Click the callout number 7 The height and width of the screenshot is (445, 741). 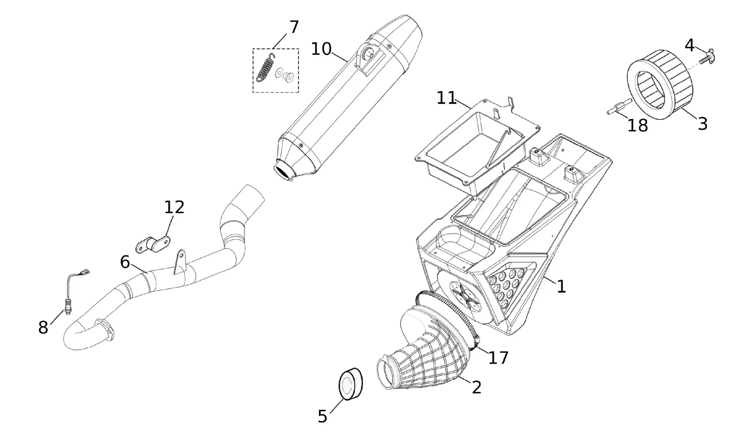point(294,27)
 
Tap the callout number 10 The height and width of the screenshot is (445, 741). point(321,49)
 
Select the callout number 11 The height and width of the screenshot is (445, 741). point(446,98)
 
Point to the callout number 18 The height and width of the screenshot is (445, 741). point(638,126)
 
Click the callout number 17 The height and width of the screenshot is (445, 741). point(498,358)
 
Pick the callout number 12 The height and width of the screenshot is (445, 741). point(174,207)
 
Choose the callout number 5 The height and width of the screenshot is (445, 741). point(322,416)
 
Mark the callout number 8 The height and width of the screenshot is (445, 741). point(43,328)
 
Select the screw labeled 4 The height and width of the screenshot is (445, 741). point(706,58)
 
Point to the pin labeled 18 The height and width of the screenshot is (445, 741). point(619,107)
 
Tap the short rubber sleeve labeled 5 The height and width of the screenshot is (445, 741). point(350,384)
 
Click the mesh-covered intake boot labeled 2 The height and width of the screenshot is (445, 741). point(422,355)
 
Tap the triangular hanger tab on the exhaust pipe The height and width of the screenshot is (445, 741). point(180,261)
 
